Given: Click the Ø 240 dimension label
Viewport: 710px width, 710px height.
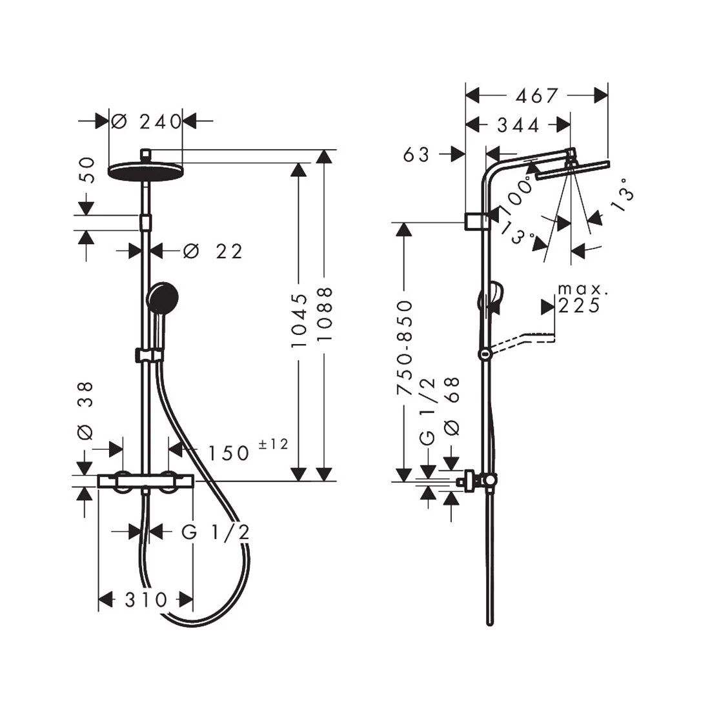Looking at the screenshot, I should click(x=147, y=121).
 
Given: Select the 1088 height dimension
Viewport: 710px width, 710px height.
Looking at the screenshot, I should click(x=325, y=319).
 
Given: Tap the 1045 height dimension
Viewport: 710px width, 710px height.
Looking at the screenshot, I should click(x=299, y=321).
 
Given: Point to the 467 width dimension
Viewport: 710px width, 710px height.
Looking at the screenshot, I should click(x=536, y=96).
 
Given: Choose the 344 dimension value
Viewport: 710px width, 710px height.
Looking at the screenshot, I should click(x=518, y=125).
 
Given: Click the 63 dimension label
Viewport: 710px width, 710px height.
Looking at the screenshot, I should click(x=416, y=155).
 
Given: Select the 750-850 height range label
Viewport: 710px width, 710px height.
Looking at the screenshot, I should click(x=405, y=348).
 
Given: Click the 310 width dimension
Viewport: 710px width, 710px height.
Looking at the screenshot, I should click(x=146, y=600).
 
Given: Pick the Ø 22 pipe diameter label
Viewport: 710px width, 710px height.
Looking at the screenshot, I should click(x=213, y=251).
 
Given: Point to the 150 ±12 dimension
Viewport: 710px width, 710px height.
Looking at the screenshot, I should click(x=241, y=452).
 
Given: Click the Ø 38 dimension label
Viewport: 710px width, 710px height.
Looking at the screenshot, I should click(x=86, y=411).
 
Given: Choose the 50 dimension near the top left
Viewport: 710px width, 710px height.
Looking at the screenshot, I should click(x=86, y=171).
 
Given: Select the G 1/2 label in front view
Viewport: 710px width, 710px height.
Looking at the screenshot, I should click(x=215, y=532).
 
